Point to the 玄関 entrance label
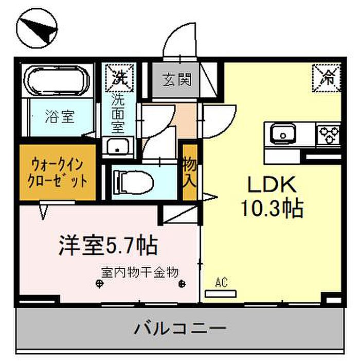[x=177, y=80]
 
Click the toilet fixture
[x=132, y=181]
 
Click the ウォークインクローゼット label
[x=58, y=174]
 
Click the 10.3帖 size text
[x=272, y=208]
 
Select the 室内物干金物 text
[x=140, y=270]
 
